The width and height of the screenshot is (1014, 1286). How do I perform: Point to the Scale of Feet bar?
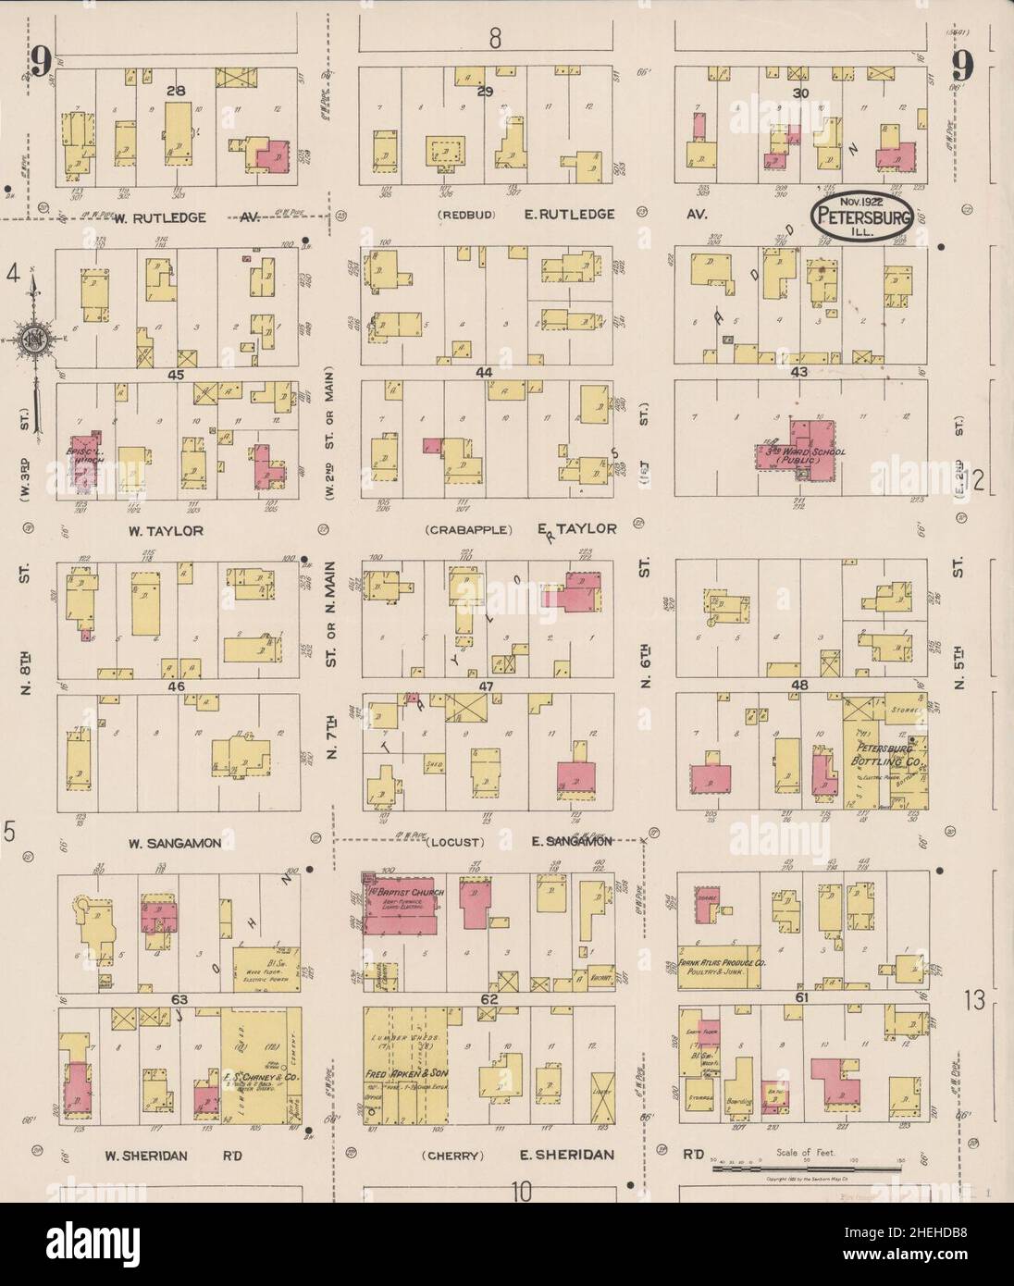(x=806, y=1169)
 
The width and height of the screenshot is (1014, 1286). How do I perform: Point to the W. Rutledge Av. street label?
(x=169, y=216)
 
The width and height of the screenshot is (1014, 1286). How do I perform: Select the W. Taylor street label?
(x=166, y=531)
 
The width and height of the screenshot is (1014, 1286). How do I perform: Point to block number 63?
(x=179, y=999)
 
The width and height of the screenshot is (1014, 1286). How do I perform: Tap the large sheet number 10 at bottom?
(x=522, y=1192)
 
